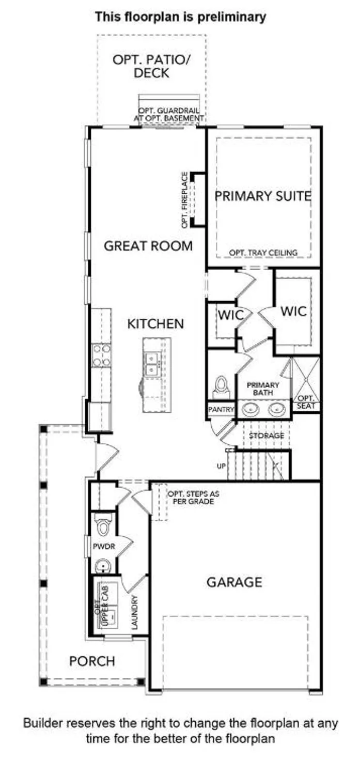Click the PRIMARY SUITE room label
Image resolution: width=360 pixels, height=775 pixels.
263,196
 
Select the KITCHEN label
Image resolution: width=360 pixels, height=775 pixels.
155,324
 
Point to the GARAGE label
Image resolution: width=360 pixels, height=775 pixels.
234,582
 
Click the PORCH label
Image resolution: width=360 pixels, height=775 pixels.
92,661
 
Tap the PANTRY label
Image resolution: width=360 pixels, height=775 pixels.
222,409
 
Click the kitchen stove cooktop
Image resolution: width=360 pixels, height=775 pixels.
101,355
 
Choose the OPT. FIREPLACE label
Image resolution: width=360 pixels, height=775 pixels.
184,201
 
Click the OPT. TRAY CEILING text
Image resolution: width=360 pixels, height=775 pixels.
263,253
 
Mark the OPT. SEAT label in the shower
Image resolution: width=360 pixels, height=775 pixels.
306,402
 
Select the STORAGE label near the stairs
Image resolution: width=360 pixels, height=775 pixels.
267,436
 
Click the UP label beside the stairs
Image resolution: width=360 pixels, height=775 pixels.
222,466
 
